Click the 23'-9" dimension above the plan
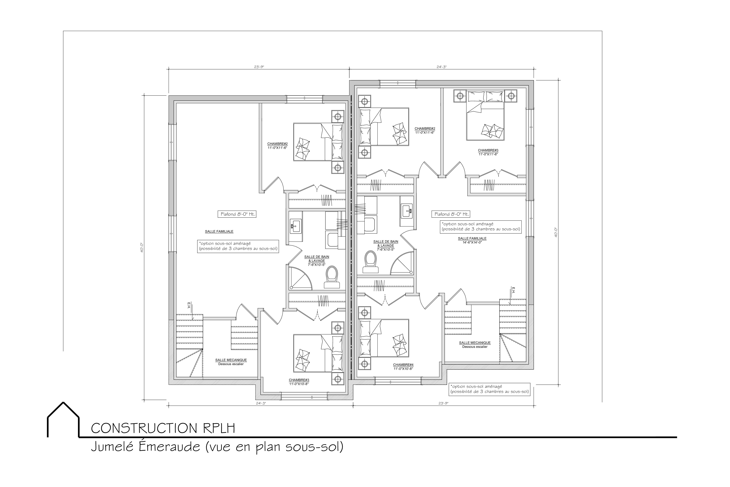tap(259, 67)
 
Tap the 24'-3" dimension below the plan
tap(261, 403)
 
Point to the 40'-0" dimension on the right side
tap(556, 232)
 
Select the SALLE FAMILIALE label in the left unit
tap(219, 231)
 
